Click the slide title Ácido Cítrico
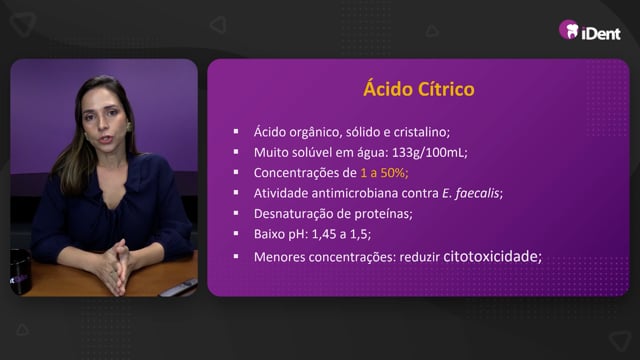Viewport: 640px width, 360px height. click(419, 89)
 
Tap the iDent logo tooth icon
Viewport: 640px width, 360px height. click(569, 30)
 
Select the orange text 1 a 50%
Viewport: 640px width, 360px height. click(384, 173)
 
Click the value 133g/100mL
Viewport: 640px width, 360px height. click(428, 152)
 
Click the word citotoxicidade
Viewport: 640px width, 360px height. click(490, 256)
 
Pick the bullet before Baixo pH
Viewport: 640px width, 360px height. click(236, 233)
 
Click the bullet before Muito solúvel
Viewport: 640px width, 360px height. click(236, 152)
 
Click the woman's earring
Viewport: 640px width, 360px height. click(129, 126)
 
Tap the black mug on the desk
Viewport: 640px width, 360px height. click(20, 271)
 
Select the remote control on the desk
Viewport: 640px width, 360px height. click(179, 288)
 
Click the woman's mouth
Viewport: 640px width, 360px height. click(106, 140)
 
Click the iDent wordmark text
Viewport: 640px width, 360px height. click(601, 33)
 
